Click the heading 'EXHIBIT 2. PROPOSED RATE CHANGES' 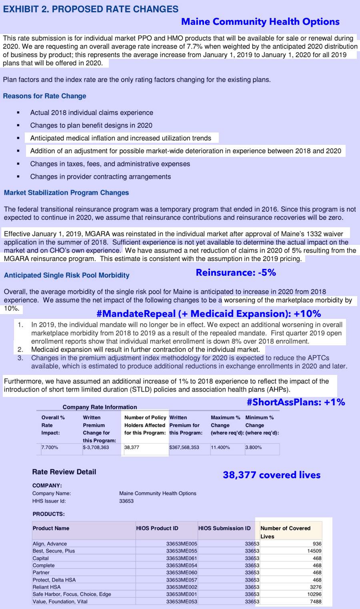(x=90, y=9)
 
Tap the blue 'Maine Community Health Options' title (x=260, y=22)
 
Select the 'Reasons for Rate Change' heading (x=44, y=96)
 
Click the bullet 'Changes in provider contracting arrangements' (x=100, y=176)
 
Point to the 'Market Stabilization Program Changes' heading (x=66, y=192)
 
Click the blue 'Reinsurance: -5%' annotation (x=236, y=272)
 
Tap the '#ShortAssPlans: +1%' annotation (x=296, y=402)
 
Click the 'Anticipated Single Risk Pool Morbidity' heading (x=67, y=275)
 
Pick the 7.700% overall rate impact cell (x=50, y=447)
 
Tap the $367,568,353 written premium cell (x=184, y=447)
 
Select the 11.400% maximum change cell (x=220, y=447)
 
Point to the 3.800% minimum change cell (x=254, y=447)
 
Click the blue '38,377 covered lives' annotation (x=272, y=475)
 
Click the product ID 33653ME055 (x=182, y=551)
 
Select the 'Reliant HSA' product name (x=46, y=587)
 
